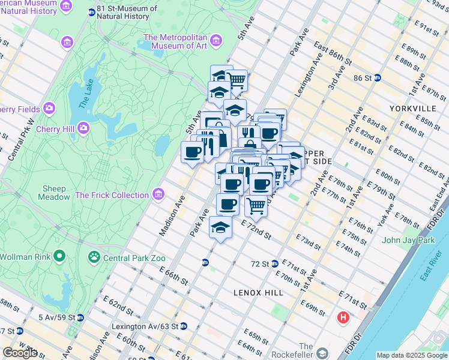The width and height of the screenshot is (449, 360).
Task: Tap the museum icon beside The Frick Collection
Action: [x=158, y=194]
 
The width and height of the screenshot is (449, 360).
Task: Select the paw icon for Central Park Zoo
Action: [x=94, y=258]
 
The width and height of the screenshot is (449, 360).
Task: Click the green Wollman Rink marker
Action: [x=59, y=257]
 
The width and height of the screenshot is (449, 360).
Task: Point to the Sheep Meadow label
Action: [x=56, y=193]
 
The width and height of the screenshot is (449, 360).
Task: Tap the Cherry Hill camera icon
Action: [x=83, y=128]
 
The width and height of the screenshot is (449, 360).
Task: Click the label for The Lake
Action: [x=86, y=94]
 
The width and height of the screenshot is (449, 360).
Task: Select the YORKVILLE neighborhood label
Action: [x=412, y=109]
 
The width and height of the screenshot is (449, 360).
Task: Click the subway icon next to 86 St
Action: [x=378, y=77]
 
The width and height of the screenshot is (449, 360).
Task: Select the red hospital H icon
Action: [x=343, y=317]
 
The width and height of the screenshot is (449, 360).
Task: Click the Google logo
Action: [x=20, y=352]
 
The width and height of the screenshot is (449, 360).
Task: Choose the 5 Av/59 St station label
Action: [x=57, y=317]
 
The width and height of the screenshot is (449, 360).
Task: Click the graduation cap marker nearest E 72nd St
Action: [x=220, y=228]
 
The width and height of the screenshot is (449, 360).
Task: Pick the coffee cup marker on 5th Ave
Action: [x=193, y=152]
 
